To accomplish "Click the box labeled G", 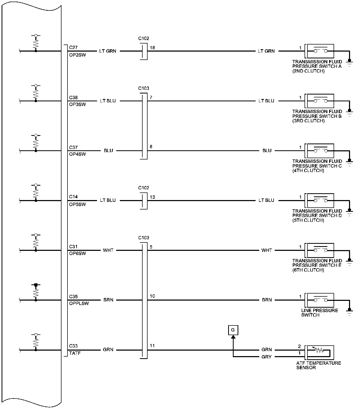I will [x=233, y=330].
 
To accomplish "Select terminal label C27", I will [x=73, y=48].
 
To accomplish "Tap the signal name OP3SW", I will [x=77, y=104].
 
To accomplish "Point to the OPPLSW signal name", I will [x=79, y=303].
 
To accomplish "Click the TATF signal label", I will [x=75, y=353].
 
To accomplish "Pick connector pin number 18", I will [x=152, y=48].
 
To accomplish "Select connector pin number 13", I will [x=152, y=197].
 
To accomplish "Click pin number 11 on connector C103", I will [x=152, y=346].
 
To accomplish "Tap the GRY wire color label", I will [x=266, y=357].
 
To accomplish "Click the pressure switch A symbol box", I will [x=320, y=51].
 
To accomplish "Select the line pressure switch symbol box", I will [x=320, y=300].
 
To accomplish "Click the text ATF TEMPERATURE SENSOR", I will [x=318, y=365].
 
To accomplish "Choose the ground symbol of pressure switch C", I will [x=349, y=163].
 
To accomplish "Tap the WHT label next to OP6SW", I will [x=108, y=250].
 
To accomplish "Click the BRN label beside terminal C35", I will [x=108, y=300].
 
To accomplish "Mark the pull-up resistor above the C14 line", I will [x=36, y=193].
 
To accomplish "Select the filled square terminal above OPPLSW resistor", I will [x=36, y=285].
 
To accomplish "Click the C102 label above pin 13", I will [x=144, y=188].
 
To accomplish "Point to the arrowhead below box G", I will [x=233, y=337].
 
